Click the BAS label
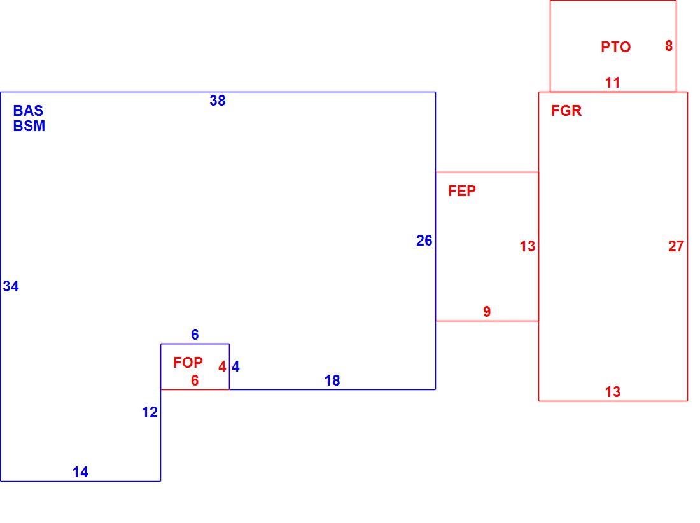tap(28, 111)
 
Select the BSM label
tap(29, 126)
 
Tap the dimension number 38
tap(218, 101)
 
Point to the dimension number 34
tap(11, 286)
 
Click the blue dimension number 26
tap(424, 241)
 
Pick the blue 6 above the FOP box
tap(195, 334)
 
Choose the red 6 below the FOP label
tap(195, 380)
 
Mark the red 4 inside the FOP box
tap(222, 366)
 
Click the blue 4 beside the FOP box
tap(235, 366)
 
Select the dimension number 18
tap(332, 380)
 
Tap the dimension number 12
tap(150, 412)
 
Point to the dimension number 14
tap(80, 472)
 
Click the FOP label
tap(188, 363)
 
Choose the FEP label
tap(462, 191)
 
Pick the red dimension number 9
tap(487, 312)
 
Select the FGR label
tap(566, 111)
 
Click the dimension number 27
tap(676, 246)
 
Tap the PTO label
tap(615, 47)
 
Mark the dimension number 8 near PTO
tap(669, 46)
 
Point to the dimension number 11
tap(612, 83)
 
